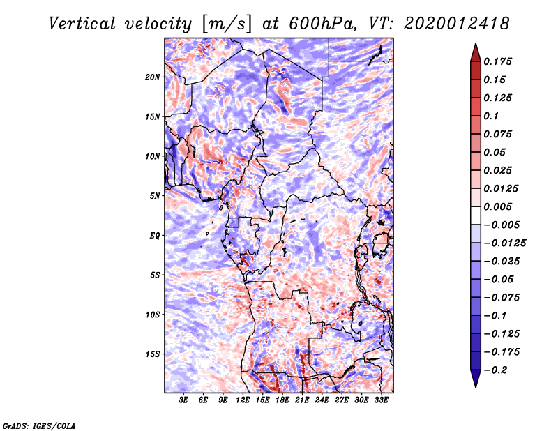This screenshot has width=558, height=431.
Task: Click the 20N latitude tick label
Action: click(153, 77)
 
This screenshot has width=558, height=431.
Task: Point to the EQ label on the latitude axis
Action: click(155, 236)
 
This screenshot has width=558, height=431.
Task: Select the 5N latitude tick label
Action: click(155, 196)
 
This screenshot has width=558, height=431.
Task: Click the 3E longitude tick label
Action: click(183, 400)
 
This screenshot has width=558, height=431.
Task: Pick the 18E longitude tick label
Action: click(282, 400)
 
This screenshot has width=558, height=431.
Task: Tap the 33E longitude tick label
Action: click(381, 400)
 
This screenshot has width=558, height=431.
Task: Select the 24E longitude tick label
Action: click(322, 400)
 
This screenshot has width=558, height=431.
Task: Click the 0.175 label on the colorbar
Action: click(497, 61)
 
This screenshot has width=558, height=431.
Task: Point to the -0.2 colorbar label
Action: click(495, 370)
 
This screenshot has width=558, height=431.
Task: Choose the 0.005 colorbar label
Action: click(497, 206)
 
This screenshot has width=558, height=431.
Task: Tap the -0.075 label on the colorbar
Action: click(502, 298)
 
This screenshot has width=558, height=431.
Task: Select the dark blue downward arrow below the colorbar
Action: click(476, 378)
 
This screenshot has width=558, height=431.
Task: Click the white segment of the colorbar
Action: click(476, 215)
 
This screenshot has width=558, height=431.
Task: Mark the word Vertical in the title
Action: click(82, 24)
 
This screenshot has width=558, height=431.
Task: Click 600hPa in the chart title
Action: click(322, 24)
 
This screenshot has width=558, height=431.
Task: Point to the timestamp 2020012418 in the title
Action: click(457, 24)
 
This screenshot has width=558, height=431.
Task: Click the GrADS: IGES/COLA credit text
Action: click(39, 425)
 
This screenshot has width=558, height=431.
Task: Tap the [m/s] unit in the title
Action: click(227, 24)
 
